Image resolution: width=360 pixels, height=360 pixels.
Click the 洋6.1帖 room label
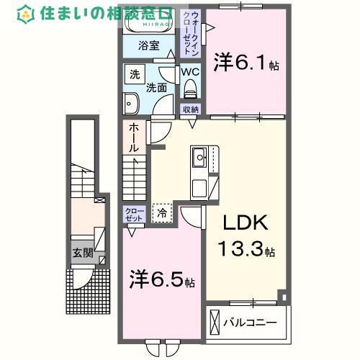[246, 63]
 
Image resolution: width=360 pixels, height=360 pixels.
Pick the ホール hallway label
[134, 138]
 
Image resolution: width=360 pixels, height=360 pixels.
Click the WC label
[190, 72]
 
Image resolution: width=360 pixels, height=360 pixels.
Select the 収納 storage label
[190, 109]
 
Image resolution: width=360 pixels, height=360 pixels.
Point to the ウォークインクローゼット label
[192, 33]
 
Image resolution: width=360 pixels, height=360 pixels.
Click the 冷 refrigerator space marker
[163, 212]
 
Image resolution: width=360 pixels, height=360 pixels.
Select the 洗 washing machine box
[135, 75]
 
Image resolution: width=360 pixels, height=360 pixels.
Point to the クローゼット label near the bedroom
[135, 215]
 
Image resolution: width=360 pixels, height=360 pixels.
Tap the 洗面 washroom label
[158, 88]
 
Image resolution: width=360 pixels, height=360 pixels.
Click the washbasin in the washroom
[132, 104]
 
